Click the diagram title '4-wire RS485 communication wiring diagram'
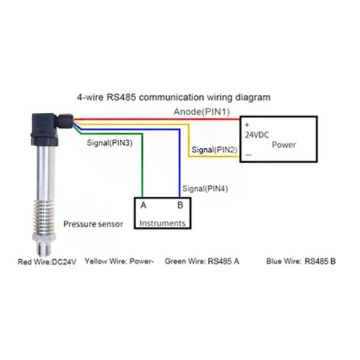point(174,97)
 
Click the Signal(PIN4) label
point(205,188)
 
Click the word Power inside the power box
point(284,145)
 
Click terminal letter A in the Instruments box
point(143,205)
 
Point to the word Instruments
point(162,223)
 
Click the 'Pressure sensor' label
point(93,224)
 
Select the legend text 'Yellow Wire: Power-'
point(119,262)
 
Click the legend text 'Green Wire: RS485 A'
point(202,262)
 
